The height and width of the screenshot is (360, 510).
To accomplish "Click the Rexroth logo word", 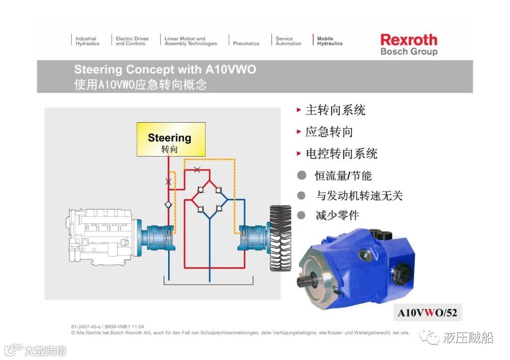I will (x=408, y=40).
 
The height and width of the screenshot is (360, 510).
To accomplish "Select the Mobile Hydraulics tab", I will (x=329, y=41).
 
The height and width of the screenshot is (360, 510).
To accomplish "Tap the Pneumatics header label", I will (x=246, y=43).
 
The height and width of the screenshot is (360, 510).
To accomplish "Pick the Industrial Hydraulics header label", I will (x=87, y=41).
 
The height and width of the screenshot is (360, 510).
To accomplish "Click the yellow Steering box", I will (x=171, y=140).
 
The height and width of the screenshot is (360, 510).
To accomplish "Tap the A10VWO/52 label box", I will (x=427, y=312).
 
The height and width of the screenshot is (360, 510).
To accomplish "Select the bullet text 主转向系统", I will (x=335, y=110).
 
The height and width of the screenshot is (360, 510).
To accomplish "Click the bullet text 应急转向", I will (x=329, y=132).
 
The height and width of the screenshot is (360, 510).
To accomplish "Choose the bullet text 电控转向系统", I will (x=341, y=154).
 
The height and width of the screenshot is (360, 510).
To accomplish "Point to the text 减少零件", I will (x=337, y=216).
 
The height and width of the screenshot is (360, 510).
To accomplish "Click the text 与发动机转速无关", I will (x=359, y=195).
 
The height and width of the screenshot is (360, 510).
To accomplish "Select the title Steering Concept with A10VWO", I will (x=165, y=70).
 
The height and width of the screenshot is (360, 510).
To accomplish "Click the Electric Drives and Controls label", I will (x=132, y=41).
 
